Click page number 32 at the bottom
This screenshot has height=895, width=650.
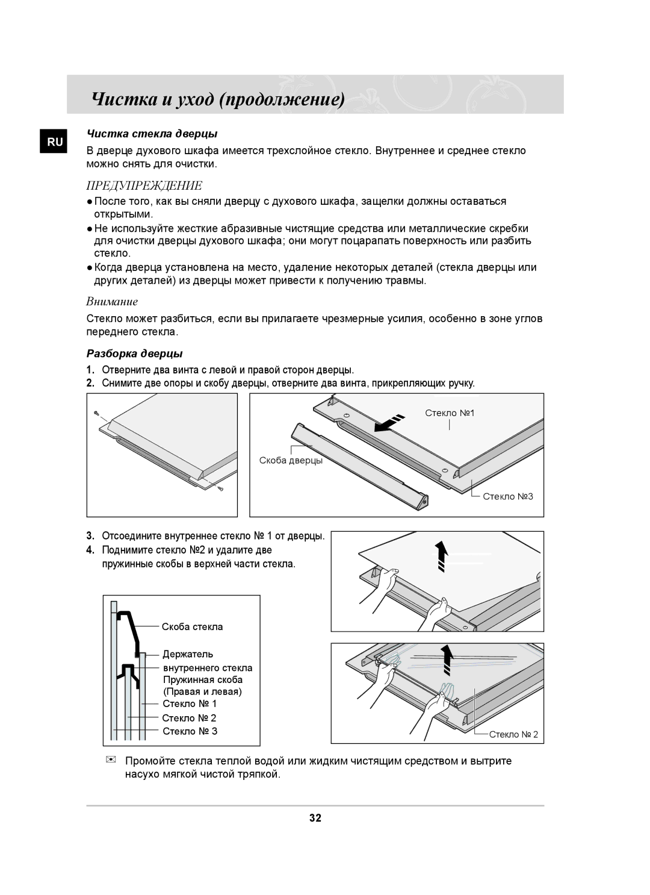point(315,818)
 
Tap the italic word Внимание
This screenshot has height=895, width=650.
point(112,301)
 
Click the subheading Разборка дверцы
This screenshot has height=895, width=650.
point(135,352)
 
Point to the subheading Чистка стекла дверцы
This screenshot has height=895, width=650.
point(152,133)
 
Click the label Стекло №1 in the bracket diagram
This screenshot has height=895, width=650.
point(450,413)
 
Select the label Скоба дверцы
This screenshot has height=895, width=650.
point(291,460)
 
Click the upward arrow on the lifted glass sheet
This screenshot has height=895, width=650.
point(442,555)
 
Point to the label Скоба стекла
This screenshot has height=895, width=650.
point(192,626)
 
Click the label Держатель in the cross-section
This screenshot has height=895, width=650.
point(188,653)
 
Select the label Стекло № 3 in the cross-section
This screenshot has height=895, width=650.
point(190,731)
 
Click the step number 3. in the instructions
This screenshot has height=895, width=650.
point(90,535)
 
